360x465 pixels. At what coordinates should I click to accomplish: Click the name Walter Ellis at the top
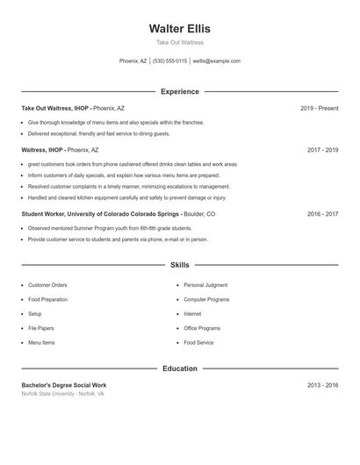pos(179,28)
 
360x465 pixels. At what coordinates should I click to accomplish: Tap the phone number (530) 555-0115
pos(169,61)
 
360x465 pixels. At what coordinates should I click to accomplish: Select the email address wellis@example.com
pos(216,61)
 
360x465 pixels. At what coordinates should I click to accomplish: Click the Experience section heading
pos(179,91)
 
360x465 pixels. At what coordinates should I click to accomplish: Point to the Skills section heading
pos(179,264)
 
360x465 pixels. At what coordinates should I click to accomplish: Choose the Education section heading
pos(179,368)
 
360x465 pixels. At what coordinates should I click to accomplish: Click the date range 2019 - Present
pos(319,109)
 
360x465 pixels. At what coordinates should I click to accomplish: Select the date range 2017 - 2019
pos(322,150)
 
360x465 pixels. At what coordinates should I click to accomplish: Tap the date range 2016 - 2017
pos(322,214)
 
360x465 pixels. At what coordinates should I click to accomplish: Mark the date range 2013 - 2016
pos(322,385)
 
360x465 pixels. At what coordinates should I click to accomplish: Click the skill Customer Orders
pos(47,285)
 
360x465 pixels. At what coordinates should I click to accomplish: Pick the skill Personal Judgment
pos(205,285)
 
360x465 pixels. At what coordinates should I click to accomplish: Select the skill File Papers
pos(40,328)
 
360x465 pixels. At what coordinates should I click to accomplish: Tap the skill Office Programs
pos(202,328)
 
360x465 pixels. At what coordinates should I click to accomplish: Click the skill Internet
pos(192,314)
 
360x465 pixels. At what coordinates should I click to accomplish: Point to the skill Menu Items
pos(41,342)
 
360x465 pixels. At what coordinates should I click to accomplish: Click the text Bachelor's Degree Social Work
pos(63,385)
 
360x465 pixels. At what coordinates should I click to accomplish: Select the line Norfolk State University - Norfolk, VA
pos(62,394)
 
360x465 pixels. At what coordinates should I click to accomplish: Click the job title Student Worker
pos(48,214)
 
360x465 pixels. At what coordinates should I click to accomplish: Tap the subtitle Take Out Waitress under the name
pos(179,42)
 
